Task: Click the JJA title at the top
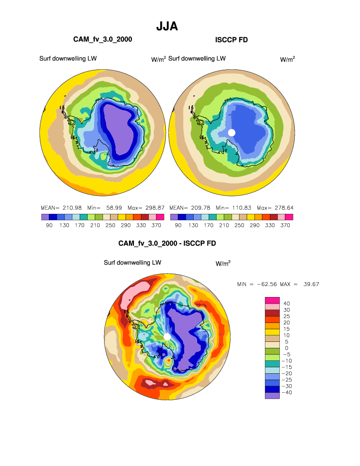click(x=167, y=26)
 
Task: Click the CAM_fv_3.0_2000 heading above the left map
click(x=103, y=39)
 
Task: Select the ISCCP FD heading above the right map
click(x=232, y=39)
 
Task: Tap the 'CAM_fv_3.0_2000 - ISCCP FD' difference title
click(x=167, y=243)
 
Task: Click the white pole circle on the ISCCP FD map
click(x=232, y=132)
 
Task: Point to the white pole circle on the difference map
click(x=167, y=337)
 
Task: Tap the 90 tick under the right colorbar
click(x=178, y=225)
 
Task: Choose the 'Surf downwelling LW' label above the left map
click(x=68, y=58)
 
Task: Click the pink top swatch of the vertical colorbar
click(x=272, y=300)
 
